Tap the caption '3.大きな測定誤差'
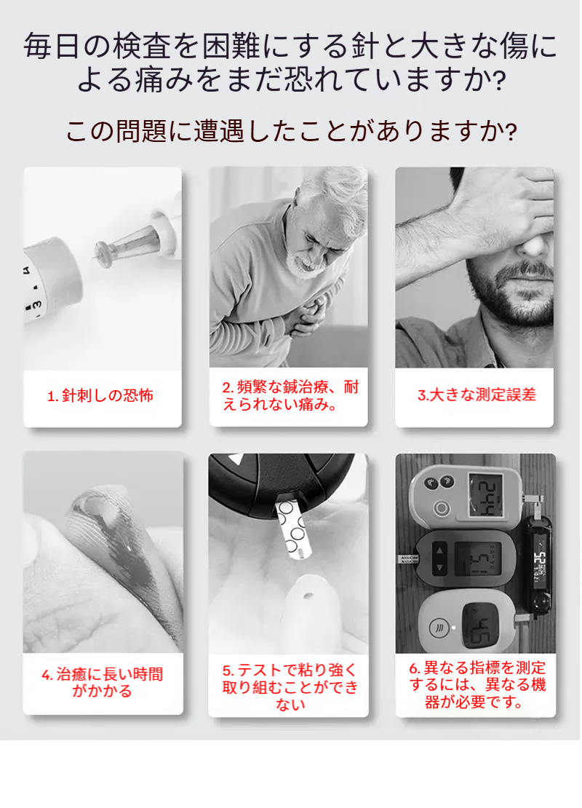[477, 395]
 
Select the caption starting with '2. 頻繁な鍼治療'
[290, 396]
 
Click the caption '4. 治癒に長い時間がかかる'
[102, 682]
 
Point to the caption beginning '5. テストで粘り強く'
[290, 686]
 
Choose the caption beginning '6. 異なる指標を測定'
[477, 685]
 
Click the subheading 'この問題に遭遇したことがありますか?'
[291, 132]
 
